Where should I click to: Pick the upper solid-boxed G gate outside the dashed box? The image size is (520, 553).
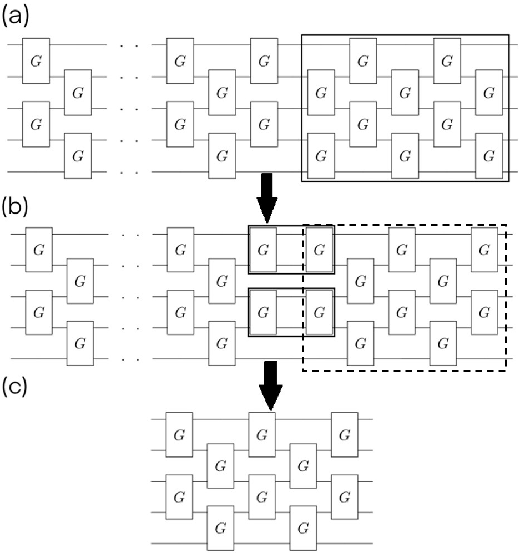264,250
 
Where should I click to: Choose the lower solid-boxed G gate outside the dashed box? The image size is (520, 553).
264,312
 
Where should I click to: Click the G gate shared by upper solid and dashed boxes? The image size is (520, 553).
319,250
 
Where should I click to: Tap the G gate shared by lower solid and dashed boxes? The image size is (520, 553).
319,312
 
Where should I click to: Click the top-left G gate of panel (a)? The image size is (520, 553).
36,61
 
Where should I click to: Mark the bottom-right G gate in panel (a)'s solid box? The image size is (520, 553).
489,156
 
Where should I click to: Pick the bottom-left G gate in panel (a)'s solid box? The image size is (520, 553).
320,156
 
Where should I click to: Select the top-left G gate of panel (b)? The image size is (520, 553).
39,250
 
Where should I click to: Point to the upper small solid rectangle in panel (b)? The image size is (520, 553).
291,250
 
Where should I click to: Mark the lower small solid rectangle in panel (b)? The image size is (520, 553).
291,312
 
